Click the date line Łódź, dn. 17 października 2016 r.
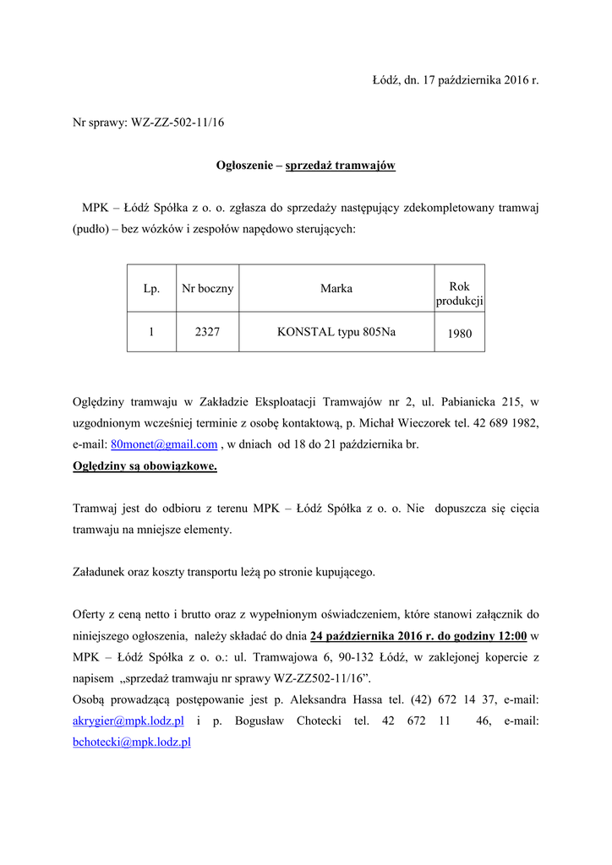455,80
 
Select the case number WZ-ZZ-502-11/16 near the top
178,122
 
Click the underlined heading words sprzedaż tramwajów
341,166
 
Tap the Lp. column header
151,289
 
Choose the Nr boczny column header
208,289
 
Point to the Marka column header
336,289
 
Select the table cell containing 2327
207,333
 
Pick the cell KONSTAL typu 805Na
336,333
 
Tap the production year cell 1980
460,334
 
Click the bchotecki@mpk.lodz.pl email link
131,742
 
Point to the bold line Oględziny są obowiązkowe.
145,465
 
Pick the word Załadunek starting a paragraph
103,572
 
